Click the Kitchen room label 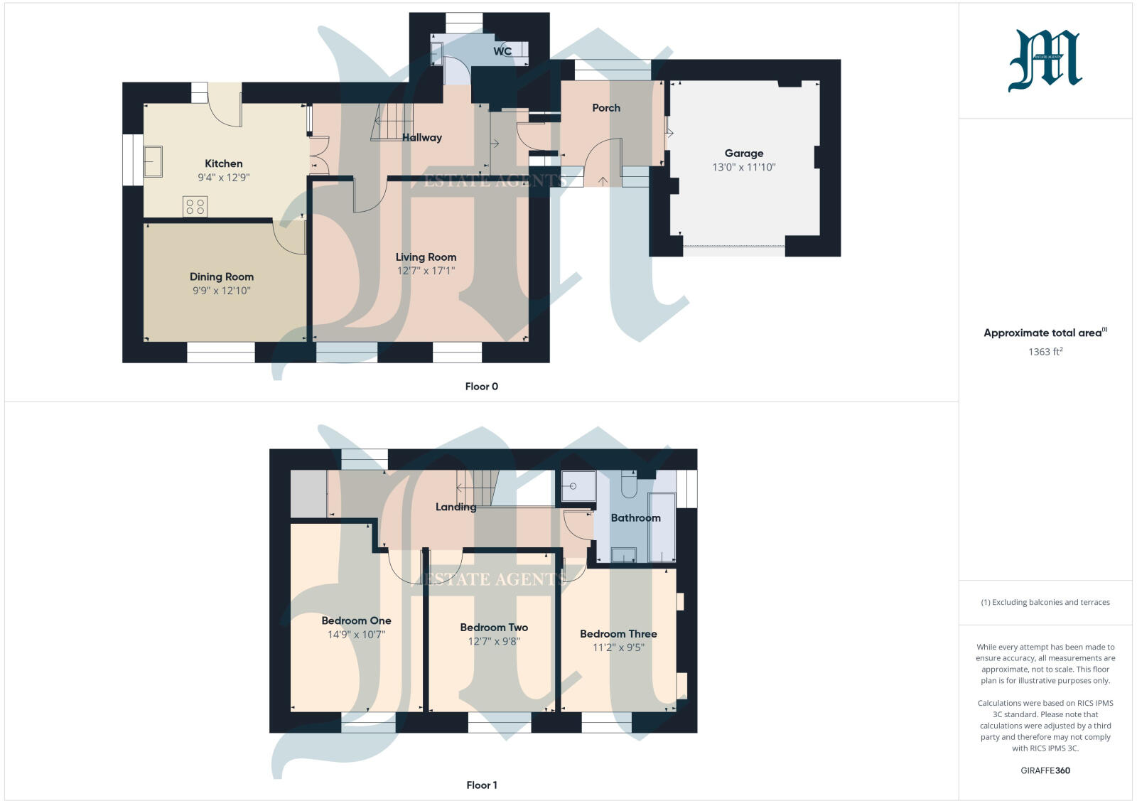(x=224, y=163)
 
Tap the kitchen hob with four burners (x=195, y=206)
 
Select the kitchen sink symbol (x=153, y=161)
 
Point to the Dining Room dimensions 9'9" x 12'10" (x=222, y=291)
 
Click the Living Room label (x=426, y=257)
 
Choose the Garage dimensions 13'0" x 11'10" (x=744, y=168)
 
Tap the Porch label (x=606, y=108)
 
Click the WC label (x=502, y=51)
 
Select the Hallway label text (x=422, y=138)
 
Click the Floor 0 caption (x=481, y=387)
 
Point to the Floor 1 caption (x=481, y=785)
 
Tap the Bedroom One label (x=356, y=620)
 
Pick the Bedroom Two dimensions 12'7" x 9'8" (x=494, y=641)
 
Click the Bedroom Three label (x=618, y=634)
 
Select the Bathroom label (x=635, y=518)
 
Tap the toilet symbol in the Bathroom (x=629, y=485)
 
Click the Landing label (x=456, y=507)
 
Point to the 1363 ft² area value (x=1045, y=352)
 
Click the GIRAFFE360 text (x=1045, y=770)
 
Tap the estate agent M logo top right (x=1045, y=60)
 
